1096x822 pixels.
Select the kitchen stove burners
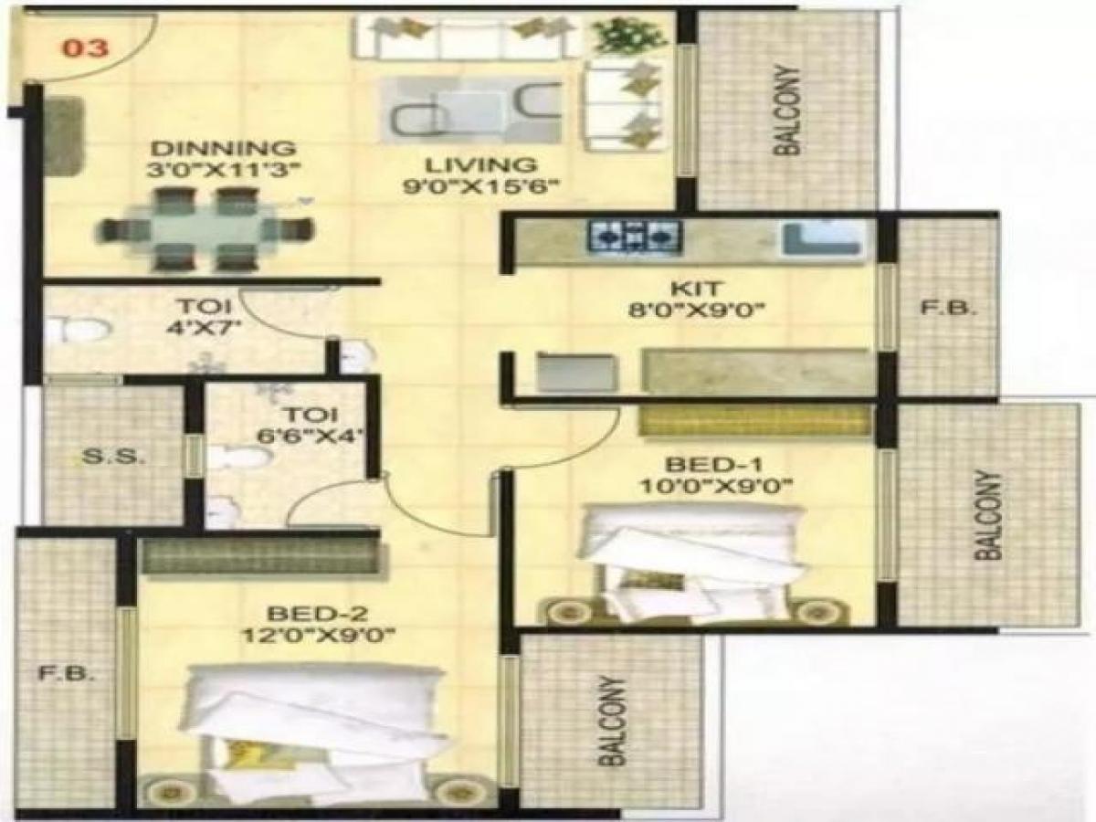pos(636,237)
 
